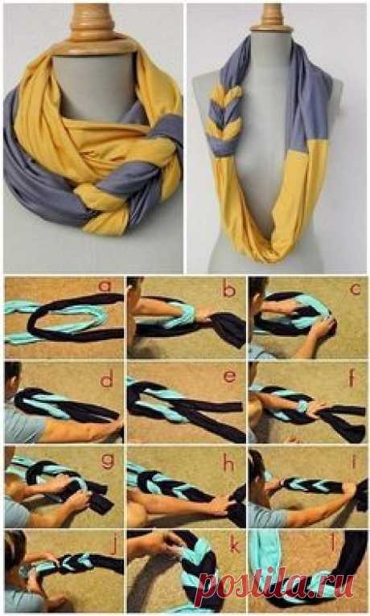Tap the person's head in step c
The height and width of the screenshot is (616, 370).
[258, 290]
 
